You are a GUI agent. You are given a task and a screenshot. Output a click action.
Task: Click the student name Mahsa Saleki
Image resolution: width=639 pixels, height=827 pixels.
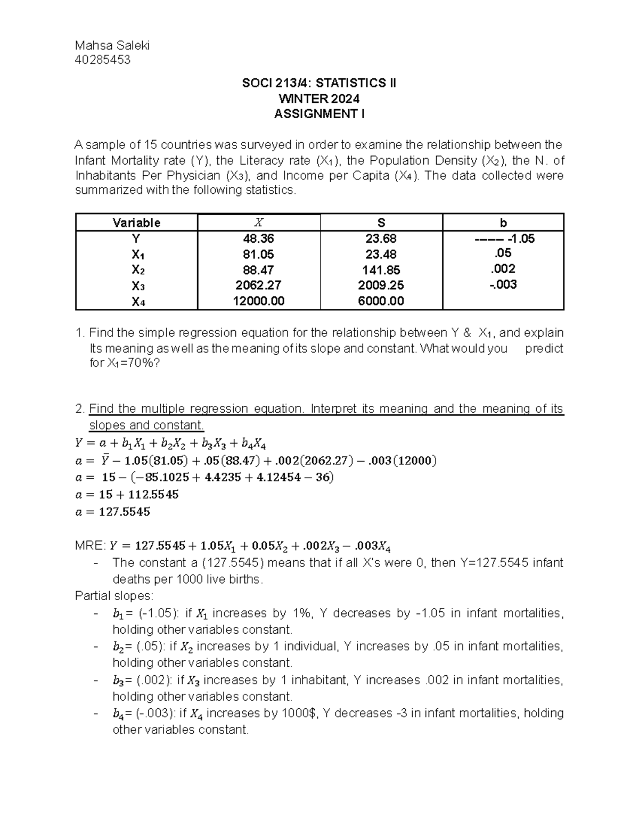click(112, 45)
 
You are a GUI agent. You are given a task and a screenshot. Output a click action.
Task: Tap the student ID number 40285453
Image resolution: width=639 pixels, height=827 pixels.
click(103, 60)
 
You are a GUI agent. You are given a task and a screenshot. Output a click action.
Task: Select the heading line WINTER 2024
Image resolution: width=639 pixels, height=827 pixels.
click(319, 99)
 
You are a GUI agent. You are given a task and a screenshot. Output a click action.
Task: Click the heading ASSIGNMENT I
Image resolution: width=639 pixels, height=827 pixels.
click(319, 114)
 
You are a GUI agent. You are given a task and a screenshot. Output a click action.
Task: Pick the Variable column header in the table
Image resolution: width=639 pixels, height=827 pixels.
click(136, 223)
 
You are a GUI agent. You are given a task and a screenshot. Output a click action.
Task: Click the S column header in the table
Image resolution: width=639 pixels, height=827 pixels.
click(381, 223)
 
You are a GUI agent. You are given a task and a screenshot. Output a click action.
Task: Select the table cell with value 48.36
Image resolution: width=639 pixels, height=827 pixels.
click(258, 239)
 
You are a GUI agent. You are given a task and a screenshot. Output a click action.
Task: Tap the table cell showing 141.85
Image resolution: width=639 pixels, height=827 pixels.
click(381, 270)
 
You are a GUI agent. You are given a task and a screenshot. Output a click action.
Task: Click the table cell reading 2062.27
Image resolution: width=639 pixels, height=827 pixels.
click(258, 285)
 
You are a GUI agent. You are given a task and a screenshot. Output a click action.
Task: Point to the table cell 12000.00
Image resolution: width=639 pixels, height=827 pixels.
click(258, 301)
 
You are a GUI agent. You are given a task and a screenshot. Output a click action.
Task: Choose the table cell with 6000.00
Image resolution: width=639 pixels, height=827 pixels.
click(381, 301)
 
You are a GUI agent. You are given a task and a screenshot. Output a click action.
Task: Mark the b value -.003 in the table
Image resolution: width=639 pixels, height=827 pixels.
click(503, 284)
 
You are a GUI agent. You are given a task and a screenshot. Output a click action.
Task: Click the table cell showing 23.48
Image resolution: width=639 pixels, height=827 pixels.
click(381, 255)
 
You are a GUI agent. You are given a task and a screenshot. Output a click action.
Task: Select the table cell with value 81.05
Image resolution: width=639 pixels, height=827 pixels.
click(258, 255)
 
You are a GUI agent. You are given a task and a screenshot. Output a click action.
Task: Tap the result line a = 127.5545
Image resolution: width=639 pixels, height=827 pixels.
click(113, 512)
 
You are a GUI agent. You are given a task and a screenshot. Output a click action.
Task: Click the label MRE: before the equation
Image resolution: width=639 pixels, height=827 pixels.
click(91, 546)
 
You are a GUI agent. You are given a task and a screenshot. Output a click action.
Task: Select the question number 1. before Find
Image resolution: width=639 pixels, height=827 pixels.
click(80, 333)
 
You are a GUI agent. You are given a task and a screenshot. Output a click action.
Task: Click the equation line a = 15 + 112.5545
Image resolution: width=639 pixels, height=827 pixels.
click(127, 495)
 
